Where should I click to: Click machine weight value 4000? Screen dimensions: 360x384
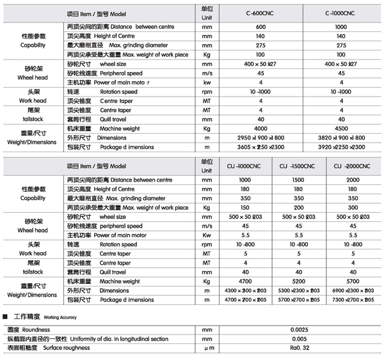260,128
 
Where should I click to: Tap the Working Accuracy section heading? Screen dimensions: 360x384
38,317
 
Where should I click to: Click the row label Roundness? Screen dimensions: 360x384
25,329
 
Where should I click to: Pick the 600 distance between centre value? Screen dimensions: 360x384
260,27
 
